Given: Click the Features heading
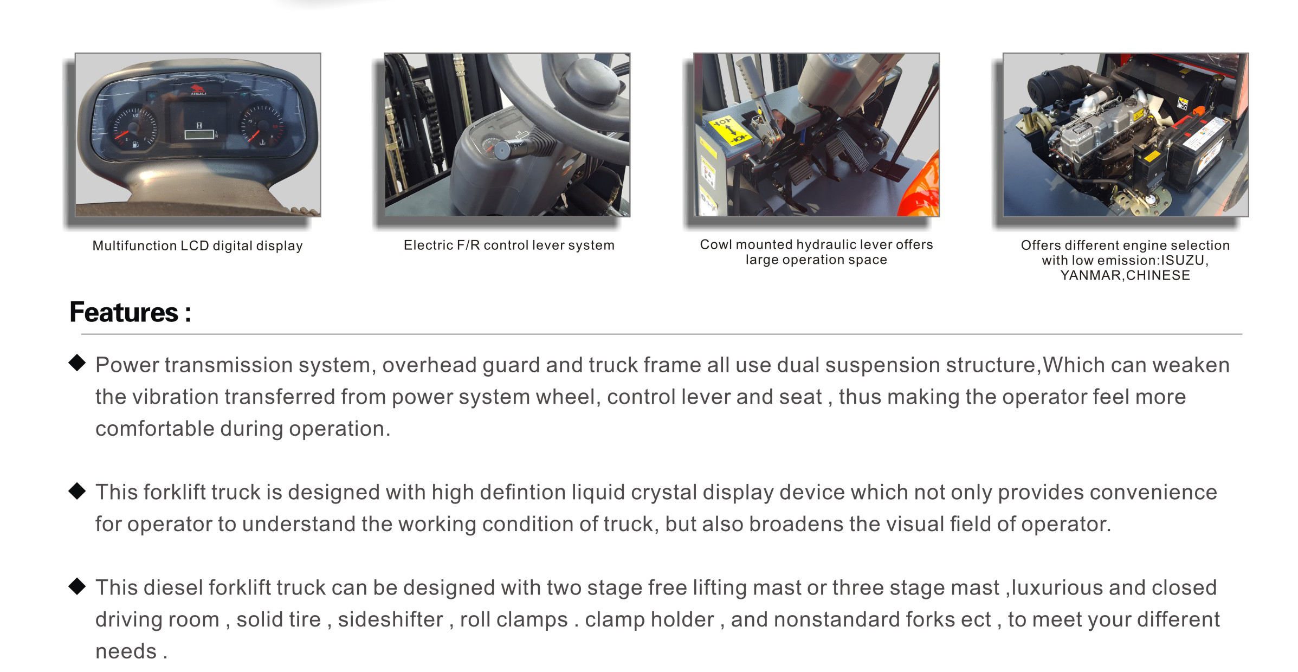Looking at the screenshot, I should tap(130, 313).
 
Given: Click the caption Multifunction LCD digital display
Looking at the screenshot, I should tap(197, 245).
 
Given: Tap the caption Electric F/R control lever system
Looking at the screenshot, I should tap(509, 245).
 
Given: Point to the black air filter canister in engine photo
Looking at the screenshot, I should tap(1047, 87).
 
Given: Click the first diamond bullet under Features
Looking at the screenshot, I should tap(78, 363).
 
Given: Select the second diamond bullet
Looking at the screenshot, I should tap(78, 491).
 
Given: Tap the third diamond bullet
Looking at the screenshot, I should tap(78, 586).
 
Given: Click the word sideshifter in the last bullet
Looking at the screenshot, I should tap(390, 619).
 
